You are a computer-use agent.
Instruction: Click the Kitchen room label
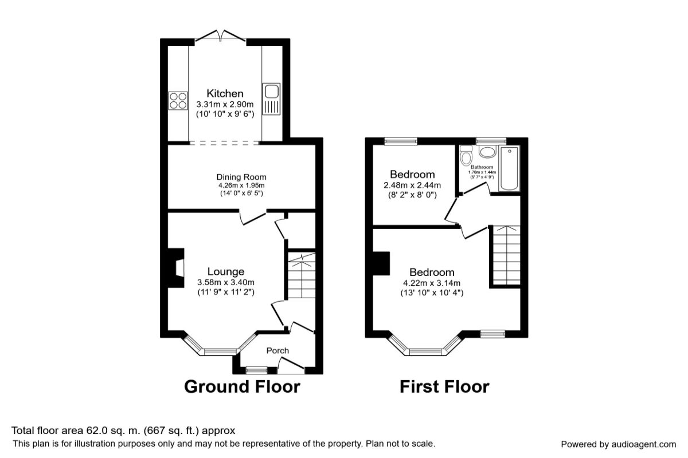[x=225, y=93]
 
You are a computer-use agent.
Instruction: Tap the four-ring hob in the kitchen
[x=178, y=101]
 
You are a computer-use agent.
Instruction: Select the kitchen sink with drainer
[x=272, y=99]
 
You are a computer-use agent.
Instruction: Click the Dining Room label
[x=241, y=177]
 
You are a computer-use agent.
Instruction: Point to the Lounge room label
[x=226, y=271]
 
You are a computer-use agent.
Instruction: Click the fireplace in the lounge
[x=176, y=268]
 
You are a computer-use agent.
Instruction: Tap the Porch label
[x=277, y=350]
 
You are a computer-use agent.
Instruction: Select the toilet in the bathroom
[x=466, y=155]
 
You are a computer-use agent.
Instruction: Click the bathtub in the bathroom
[x=509, y=168]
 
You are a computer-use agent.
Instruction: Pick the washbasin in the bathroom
[x=488, y=152]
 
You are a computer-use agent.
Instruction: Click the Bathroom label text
[x=482, y=167]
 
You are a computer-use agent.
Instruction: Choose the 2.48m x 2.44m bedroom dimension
[x=412, y=185]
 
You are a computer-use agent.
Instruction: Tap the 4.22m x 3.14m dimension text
[x=432, y=283]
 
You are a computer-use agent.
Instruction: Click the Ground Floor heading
[x=242, y=386]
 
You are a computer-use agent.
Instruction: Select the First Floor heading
[x=444, y=386]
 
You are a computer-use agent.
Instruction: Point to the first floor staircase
[x=506, y=255]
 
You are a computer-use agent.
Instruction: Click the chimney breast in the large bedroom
[x=381, y=263]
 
